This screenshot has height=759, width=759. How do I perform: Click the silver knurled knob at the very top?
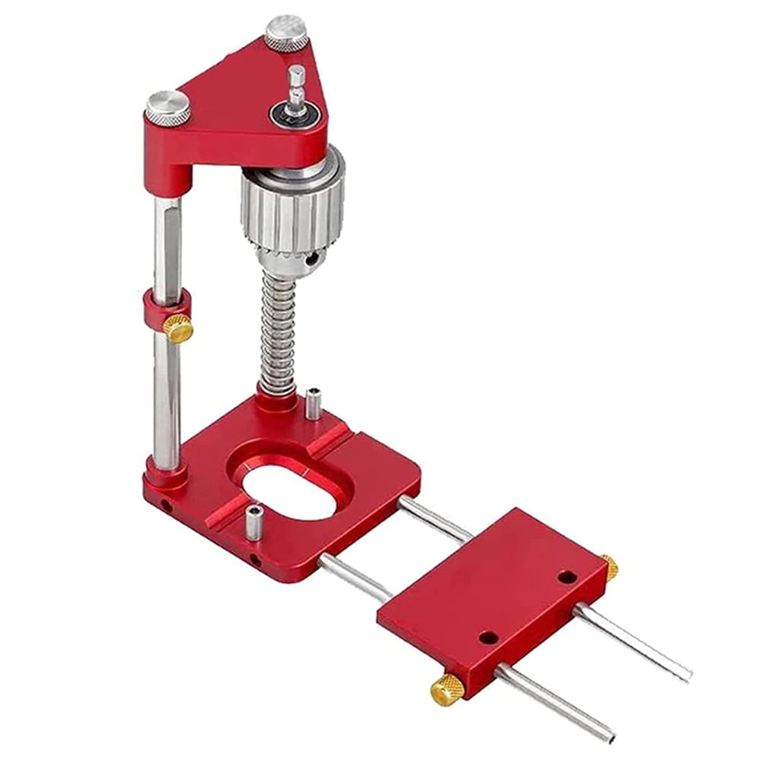tap(286, 32)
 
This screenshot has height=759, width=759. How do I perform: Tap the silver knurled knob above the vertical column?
tap(168, 107)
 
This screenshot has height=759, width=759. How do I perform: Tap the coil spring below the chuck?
tap(278, 334)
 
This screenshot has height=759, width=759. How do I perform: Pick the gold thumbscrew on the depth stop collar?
tap(179, 328)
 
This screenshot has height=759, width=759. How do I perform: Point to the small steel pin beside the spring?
tap(313, 403)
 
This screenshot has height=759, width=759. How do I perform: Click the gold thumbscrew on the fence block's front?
tap(447, 688)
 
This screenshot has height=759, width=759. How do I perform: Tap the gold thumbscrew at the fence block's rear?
tap(609, 566)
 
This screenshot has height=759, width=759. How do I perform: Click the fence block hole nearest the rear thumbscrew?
tap(566, 577)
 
